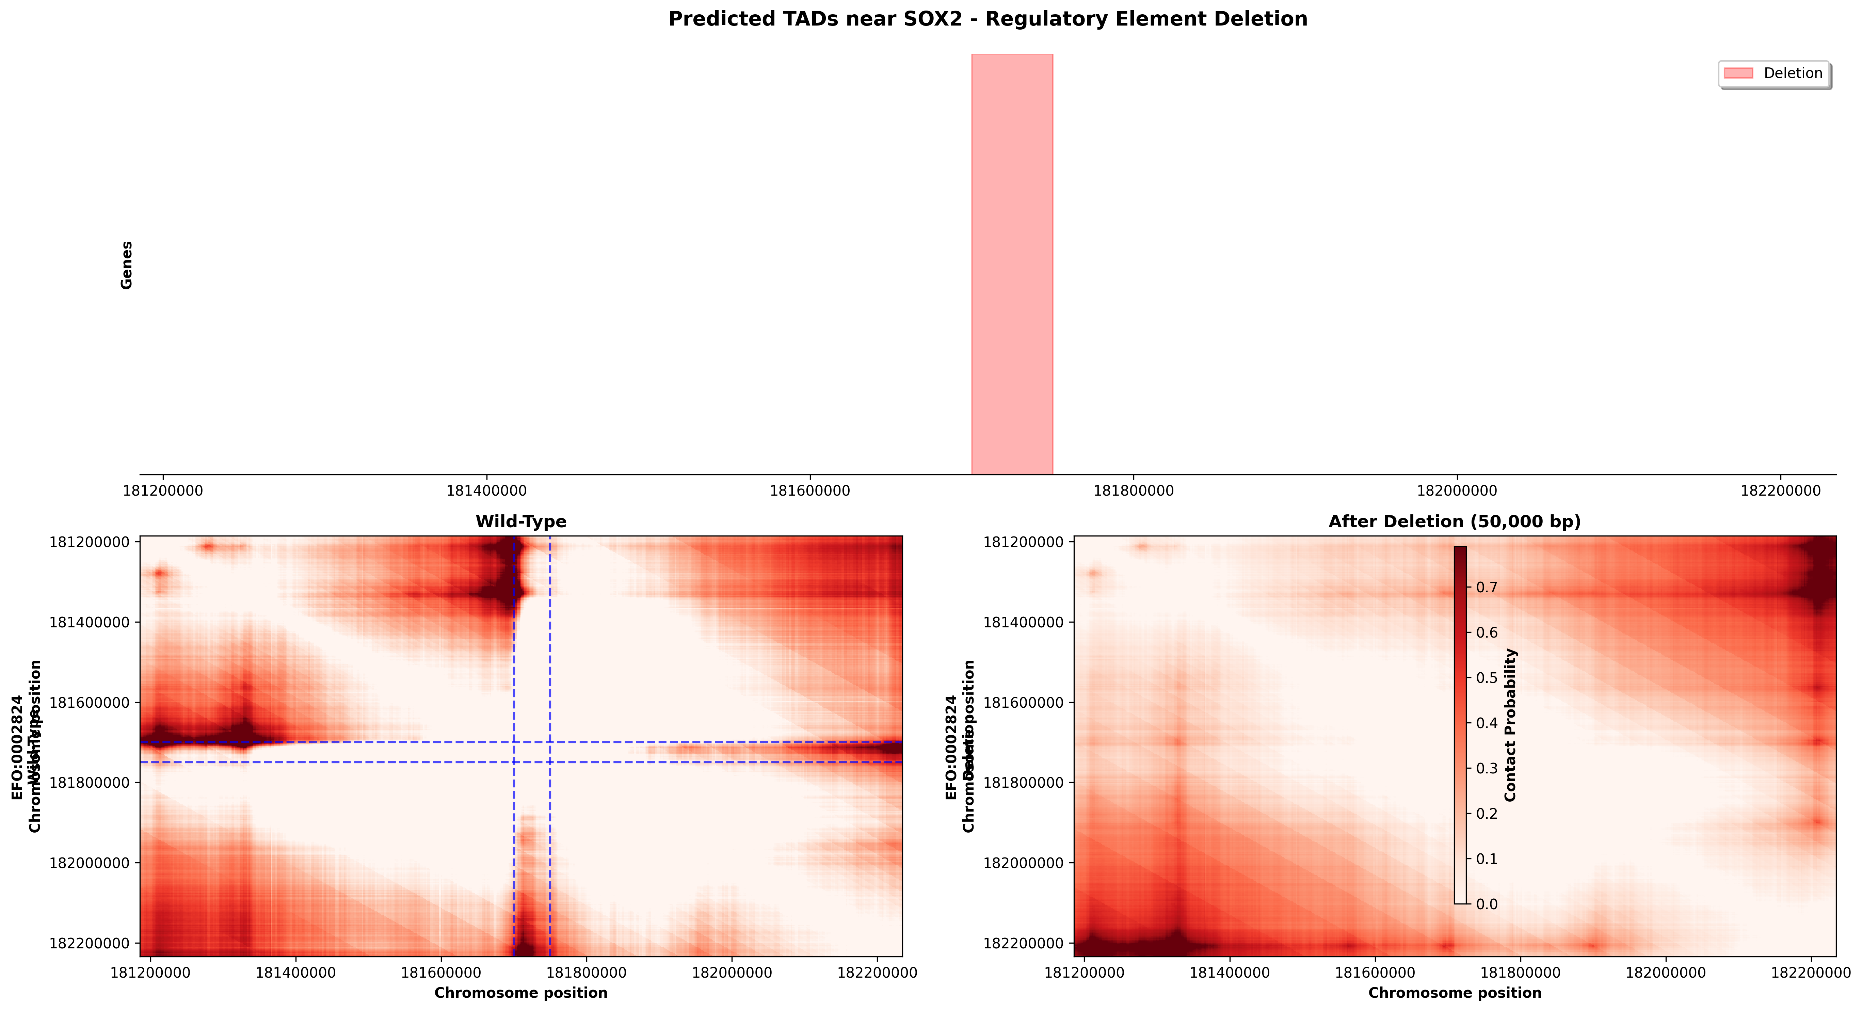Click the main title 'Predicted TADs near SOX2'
[988, 19]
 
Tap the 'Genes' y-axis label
[127, 265]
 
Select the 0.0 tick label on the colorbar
[1486, 904]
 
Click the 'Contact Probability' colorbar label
[1510, 725]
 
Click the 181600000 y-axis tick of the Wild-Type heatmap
[89, 703]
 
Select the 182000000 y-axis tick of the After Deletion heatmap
[1023, 863]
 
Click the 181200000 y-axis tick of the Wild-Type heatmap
[89, 542]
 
